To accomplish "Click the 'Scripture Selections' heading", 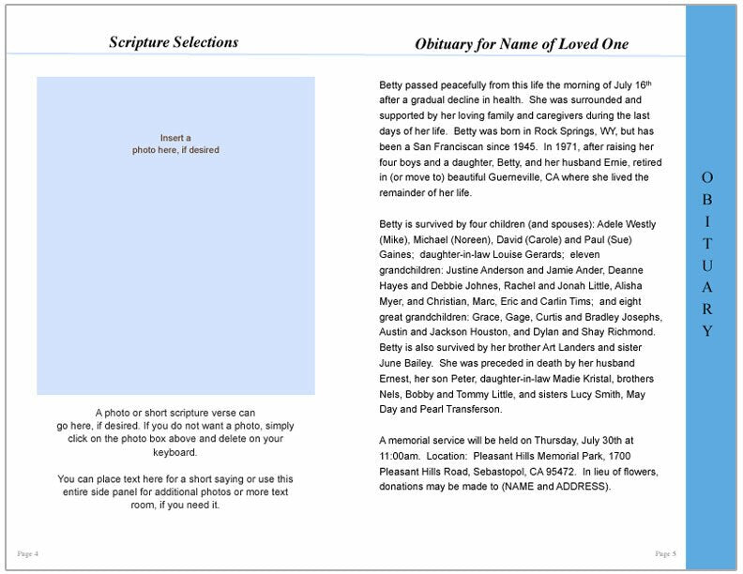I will (174, 42).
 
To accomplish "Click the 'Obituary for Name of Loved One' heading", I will (521, 44).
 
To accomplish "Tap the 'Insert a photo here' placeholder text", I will (175, 143).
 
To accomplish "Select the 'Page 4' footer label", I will (28, 552).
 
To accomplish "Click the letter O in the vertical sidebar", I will (707, 177).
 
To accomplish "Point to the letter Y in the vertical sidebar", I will (707, 331).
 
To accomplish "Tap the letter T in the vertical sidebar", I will (707, 243).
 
